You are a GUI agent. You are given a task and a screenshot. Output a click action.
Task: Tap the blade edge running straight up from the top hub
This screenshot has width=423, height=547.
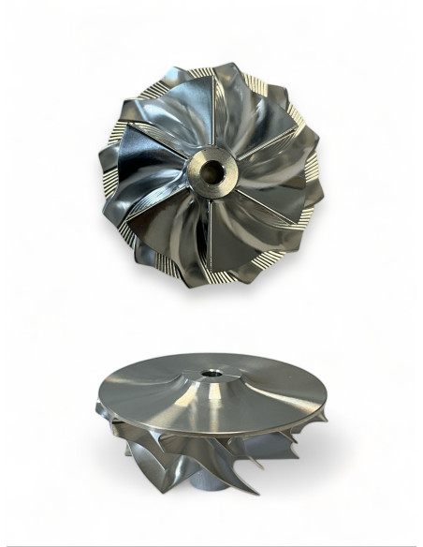pos(215,112)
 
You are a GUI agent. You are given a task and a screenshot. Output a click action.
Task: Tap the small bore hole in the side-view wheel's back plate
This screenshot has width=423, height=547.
pos(213,373)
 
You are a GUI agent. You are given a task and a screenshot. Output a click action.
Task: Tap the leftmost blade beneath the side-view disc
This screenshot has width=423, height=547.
pos(108,412)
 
